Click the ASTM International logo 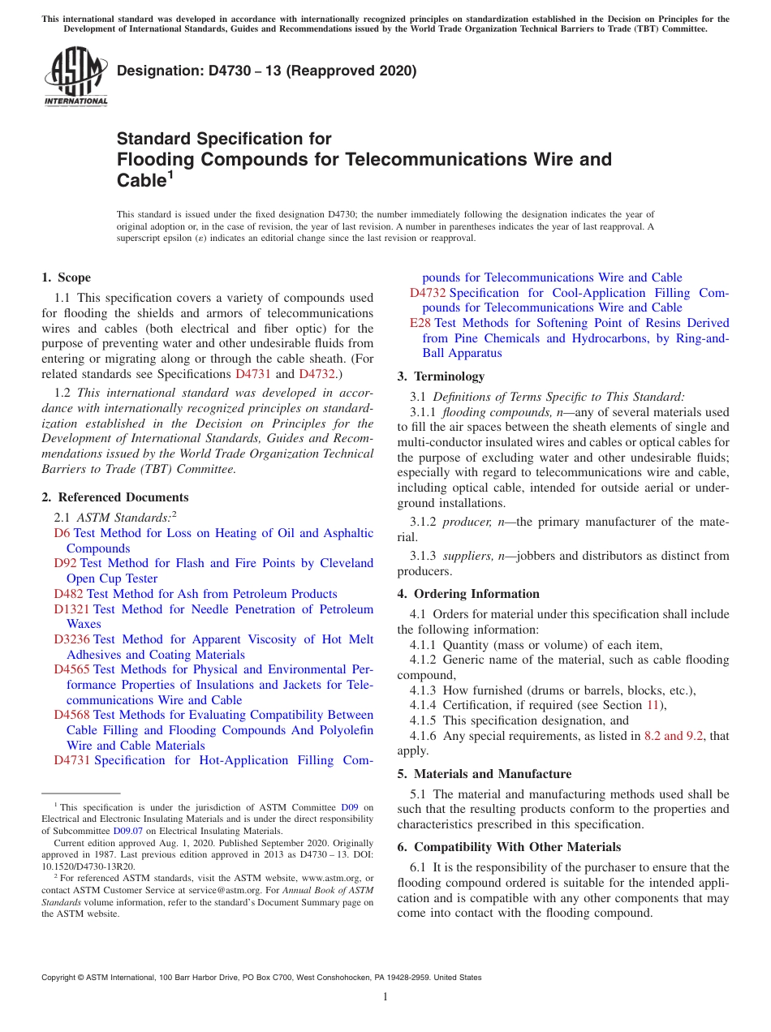coord(75,78)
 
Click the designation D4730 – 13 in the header coord(266,71)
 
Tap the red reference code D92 coord(66,563)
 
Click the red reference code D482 coord(69,594)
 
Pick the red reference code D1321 coord(72,609)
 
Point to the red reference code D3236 coord(72,639)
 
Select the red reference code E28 coord(420,323)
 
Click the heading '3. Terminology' coord(441,376)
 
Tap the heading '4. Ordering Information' coord(468,594)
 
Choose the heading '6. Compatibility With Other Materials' coord(509,847)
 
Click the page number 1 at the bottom coord(385,996)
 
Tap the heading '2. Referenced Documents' coord(114,497)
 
